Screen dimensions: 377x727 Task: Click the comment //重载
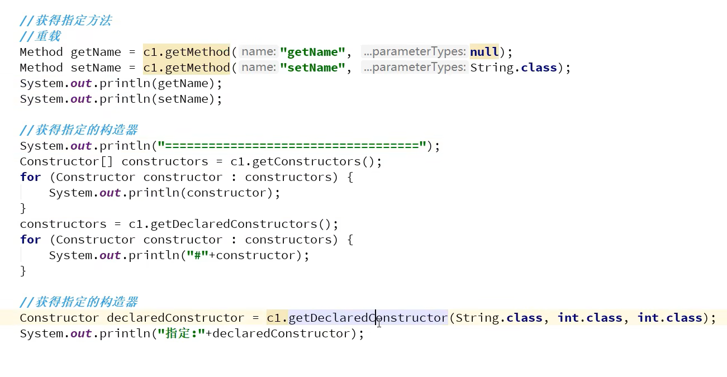pyautogui.click(x=40, y=36)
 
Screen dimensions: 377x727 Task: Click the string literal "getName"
pyautogui.click(x=312, y=52)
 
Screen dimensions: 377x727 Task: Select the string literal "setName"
pyautogui.click(x=312, y=68)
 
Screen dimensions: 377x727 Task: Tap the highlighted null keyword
pyautogui.click(x=484, y=52)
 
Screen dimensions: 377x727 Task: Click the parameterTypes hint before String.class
pyautogui.click(x=414, y=68)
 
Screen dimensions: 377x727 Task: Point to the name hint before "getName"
pyautogui.click(x=259, y=52)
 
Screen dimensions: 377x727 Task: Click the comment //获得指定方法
pyautogui.click(x=65, y=21)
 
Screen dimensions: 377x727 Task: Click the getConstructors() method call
pyautogui.click(x=317, y=161)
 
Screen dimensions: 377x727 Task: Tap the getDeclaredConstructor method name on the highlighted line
pyautogui.click(x=368, y=318)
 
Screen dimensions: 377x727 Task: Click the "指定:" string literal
pyautogui.click(x=182, y=333)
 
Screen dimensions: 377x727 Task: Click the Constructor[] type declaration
pyautogui.click(x=67, y=161)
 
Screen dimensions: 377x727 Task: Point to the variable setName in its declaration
pyautogui.click(x=96, y=68)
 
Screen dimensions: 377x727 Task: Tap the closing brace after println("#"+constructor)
pyautogui.click(x=23, y=271)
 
